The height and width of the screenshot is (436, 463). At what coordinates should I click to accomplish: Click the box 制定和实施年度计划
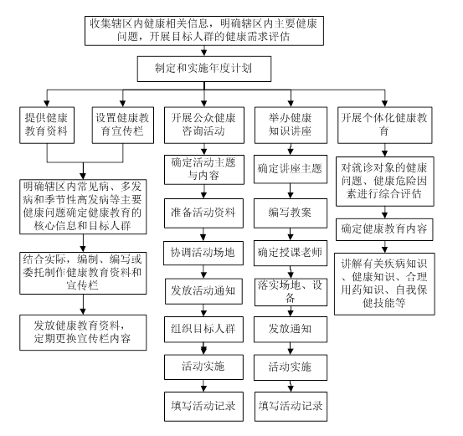pos(204,69)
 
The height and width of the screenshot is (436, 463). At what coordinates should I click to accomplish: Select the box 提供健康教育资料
pos(47,126)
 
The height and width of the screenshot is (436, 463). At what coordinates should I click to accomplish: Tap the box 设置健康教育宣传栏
pos(123,126)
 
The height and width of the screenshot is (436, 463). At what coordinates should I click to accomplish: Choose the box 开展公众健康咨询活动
pos(204,126)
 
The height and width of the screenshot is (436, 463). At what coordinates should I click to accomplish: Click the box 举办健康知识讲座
pos(291,126)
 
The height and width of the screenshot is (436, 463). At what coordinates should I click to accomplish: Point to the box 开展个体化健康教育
pos(385,126)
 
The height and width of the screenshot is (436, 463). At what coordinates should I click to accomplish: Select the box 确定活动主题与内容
pos(204,170)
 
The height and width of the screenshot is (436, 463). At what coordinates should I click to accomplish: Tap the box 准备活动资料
pos(203,213)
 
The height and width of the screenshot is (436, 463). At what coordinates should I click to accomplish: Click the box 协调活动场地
pos(203,253)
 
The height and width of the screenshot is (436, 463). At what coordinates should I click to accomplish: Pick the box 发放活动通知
pos(203,291)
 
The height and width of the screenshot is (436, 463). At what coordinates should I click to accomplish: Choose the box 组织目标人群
pos(203,330)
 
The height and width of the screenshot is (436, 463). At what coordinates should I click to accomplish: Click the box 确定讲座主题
pos(291,169)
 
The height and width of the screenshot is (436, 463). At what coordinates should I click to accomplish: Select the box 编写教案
pos(291,213)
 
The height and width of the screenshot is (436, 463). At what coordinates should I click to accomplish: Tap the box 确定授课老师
pos(291,253)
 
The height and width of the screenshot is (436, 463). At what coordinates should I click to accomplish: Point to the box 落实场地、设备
pos(291,292)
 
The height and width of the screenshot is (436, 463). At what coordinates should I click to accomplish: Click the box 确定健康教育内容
pos(384,229)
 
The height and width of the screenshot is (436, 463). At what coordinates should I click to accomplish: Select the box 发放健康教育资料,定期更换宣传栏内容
pos(83,333)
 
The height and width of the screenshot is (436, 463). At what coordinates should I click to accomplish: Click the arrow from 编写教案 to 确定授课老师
pos(291,234)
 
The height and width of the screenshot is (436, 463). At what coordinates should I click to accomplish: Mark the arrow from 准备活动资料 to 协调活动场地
pos(203,234)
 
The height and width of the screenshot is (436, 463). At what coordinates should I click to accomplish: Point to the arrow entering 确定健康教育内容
pos(384,213)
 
